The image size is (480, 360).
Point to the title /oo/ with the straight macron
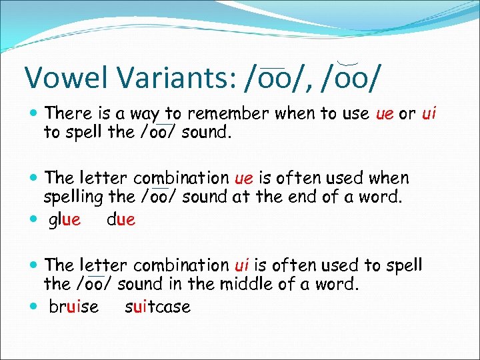coord(274,77)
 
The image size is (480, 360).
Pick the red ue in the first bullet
coord(385,114)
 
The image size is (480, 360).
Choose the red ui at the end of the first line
coord(429,114)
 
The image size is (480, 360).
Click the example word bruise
coord(73,307)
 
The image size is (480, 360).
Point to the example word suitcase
coord(157,307)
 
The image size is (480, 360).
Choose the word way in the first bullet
coord(154,115)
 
